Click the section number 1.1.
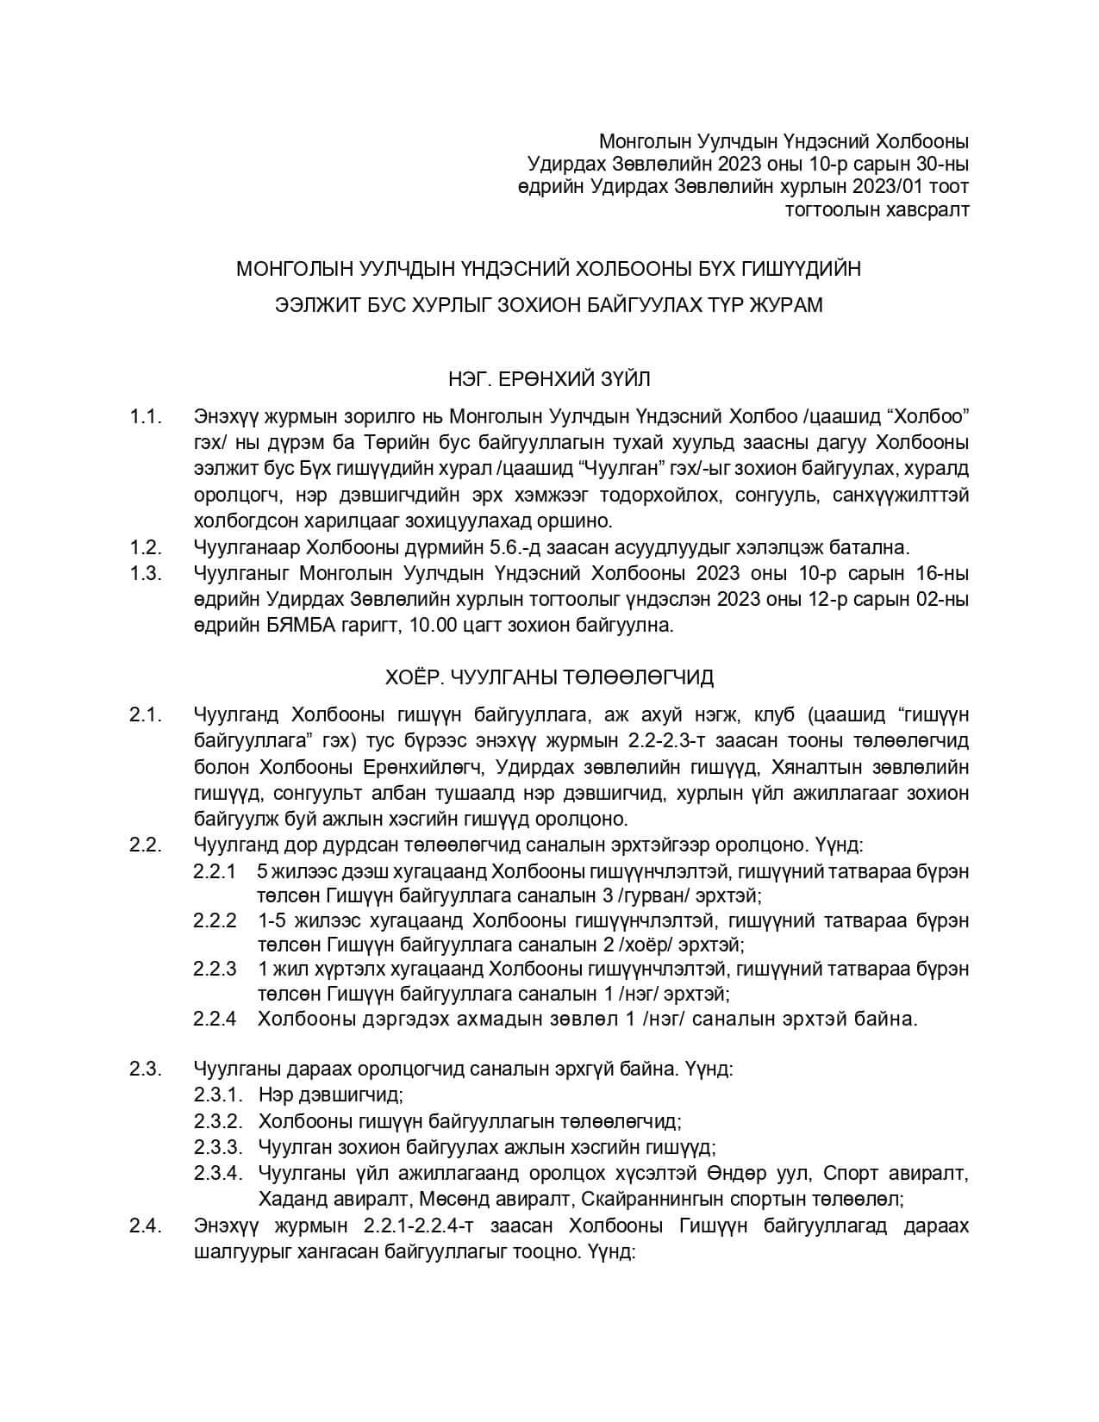click(x=146, y=417)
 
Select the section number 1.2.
click(x=146, y=547)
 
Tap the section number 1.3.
click(x=146, y=573)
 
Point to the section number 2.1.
click(x=146, y=714)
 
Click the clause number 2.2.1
click(x=215, y=871)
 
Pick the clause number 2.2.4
click(x=215, y=1020)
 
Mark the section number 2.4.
click(x=146, y=1226)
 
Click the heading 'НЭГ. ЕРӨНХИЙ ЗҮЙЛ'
click(x=549, y=378)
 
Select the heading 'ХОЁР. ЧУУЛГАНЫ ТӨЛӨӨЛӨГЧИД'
click(x=549, y=677)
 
